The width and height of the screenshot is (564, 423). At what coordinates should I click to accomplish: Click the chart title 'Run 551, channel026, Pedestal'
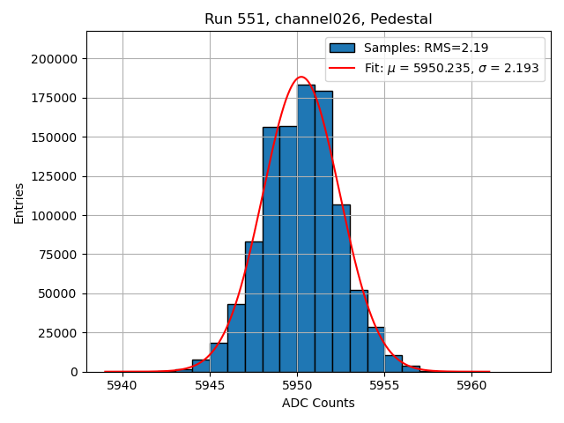pyautogui.click(x=318, y=19)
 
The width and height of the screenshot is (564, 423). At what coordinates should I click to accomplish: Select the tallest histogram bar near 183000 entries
pyautogui.click(x=306, y=229)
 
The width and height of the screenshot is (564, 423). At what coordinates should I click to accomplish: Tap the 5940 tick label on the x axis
pyautogui.click(x=122, y=385)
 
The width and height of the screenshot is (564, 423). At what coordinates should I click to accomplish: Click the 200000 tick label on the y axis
pyautogui.click(x=52, y=59)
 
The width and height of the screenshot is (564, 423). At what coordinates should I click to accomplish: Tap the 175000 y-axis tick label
pyautogui.click(x=52, y=98)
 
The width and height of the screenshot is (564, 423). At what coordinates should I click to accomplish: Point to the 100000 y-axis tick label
pyautogui.click(x=52, y=216)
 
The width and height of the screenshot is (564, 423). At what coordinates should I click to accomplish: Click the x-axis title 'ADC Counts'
pyautogui.click(x=318, y=403)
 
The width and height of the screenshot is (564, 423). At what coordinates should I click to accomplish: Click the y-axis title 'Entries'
pyautogui.click(x=19, y=204)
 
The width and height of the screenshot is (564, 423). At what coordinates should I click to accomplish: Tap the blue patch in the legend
pyautogui.click(x=342, y=48)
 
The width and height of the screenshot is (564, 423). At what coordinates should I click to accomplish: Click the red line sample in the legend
pyautogui.click(x=342, y=68)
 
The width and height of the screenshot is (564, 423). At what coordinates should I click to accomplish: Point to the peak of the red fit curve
pyautogui.click(x=301, y=77)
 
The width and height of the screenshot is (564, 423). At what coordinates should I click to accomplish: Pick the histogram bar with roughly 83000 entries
pyautogui.click(x=254, y=307)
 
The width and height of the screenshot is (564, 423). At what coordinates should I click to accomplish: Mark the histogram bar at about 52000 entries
pyautogui.click(x=359, y=331)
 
